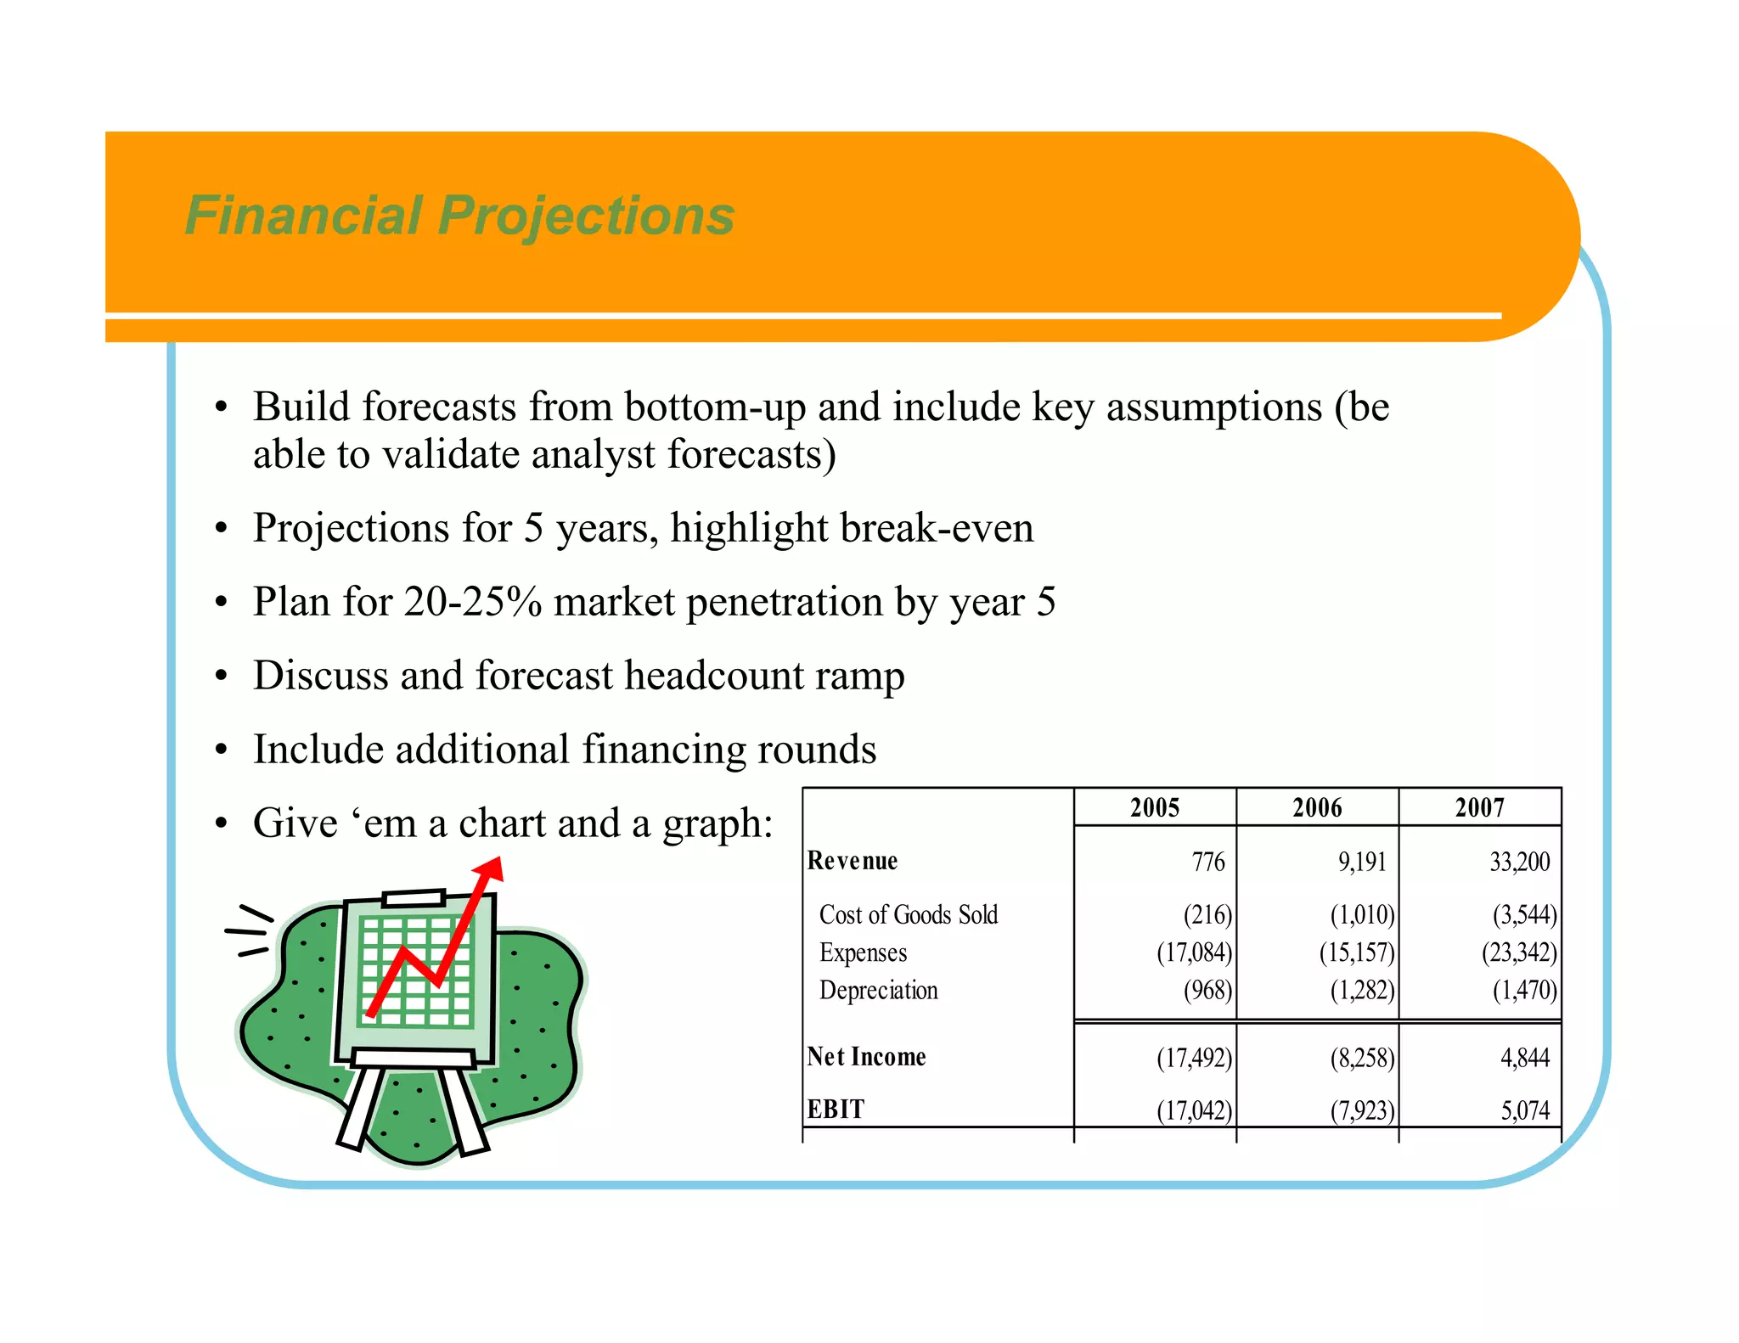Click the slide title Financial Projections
tap(459, 216)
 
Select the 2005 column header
tap(1154, 807)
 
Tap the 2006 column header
tap(1317, 807)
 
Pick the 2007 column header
tap(1479, 807)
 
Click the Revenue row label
tap(852, 861)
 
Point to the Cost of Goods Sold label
tap(908, 914)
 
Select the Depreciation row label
tap(878, 990)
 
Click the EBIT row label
tap(836, 1110)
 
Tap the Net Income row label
tap(866, 1057)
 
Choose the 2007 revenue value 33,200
tap(1519, 862)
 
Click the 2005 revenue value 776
tap(1208, 862)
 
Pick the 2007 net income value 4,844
tap(1525, 1058)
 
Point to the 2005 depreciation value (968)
tap(1207, 991)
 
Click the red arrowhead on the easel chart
tap(490, 870)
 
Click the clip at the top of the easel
tap(414, 898)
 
